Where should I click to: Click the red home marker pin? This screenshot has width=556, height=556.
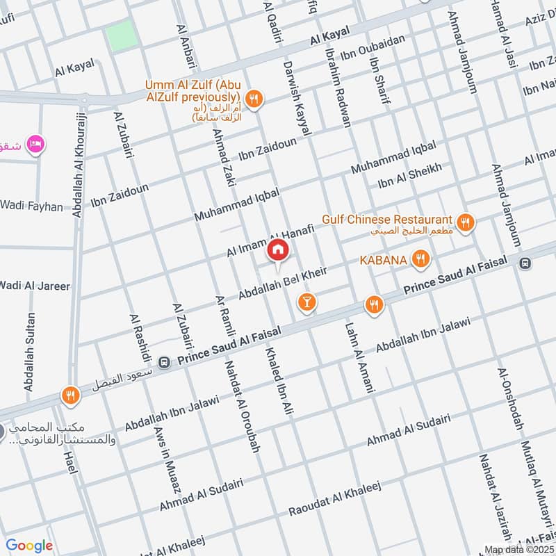278,250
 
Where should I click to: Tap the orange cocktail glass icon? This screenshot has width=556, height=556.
306,302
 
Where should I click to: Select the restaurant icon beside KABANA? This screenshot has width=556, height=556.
419,260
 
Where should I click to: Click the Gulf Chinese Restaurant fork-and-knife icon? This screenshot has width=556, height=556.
467,222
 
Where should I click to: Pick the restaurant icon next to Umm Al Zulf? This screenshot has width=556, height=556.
254,99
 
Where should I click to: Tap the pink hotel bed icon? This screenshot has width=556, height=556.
33,144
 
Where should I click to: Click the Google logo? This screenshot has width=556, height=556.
29,546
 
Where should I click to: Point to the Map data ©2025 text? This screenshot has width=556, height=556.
519,550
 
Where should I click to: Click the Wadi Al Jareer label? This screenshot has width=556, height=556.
35,285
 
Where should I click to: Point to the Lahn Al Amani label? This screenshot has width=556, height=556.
354,360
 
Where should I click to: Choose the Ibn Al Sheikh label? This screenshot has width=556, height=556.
409,177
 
